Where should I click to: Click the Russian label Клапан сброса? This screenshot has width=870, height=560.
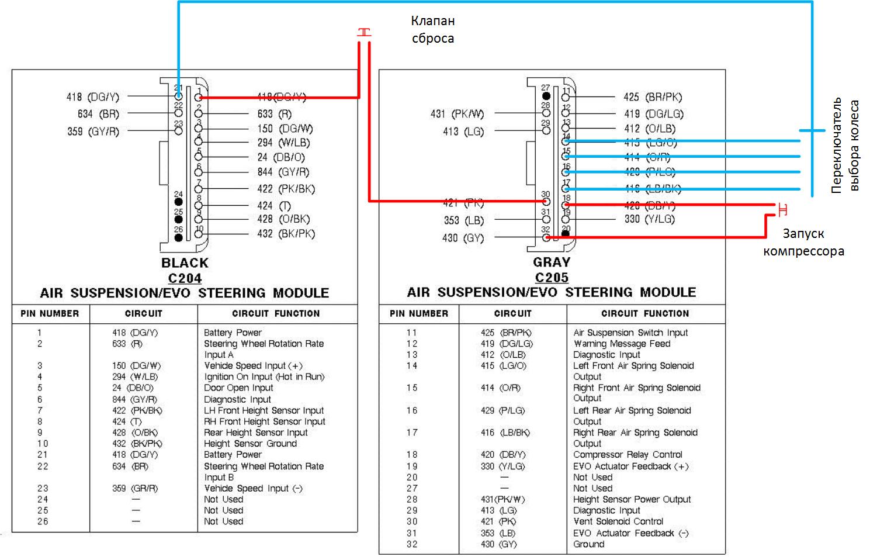(432, 30)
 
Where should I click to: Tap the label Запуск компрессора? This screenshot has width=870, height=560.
(803, 243)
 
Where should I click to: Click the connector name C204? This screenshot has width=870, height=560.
(185, 278)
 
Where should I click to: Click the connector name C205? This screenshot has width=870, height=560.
(552, 278)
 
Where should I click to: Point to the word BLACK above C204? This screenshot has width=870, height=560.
(185, 263)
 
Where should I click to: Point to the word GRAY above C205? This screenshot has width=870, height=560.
(552, 262)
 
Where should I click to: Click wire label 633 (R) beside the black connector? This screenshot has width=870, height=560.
(274, 114)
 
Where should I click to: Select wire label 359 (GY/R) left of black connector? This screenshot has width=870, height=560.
(93, 132)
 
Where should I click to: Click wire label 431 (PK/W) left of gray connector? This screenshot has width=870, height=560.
(457, 114)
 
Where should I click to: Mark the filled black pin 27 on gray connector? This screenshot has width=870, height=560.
(546, 95)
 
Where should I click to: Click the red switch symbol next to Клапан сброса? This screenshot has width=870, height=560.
(364, 33)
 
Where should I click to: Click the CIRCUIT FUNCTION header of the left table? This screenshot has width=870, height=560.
(276, 314)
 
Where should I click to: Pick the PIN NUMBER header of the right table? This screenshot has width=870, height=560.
(419, 314)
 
